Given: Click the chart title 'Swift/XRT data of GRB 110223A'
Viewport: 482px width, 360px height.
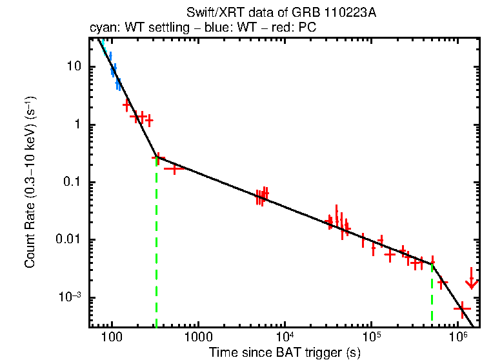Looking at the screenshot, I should point(281,14).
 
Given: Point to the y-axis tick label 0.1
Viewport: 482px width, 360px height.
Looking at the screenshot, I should point(72,183).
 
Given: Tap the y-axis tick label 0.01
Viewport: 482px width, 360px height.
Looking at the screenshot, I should point(70,240).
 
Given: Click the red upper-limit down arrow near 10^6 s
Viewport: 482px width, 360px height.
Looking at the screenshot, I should point(472,281).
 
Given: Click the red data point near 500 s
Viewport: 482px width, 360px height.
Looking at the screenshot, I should point(174,168).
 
